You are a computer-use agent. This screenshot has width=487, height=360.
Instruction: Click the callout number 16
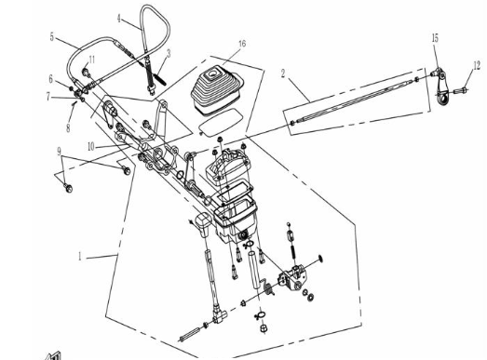242,44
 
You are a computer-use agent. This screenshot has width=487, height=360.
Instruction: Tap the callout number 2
283,73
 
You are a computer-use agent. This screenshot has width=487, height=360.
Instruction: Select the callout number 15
435,38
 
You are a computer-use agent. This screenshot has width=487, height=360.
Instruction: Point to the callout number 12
477,65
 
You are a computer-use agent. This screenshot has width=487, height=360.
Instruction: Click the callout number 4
118,19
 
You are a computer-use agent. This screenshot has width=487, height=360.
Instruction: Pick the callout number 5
52,37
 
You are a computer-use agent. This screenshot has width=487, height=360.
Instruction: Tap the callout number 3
169,53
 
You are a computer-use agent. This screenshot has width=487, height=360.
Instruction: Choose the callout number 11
91,60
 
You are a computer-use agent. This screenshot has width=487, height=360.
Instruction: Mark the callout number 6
51,79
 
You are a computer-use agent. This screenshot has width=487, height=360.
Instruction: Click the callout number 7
47,97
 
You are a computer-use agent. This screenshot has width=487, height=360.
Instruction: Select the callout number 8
68,127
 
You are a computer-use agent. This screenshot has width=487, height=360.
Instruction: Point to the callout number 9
59,152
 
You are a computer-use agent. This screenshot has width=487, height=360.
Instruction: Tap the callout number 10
90,146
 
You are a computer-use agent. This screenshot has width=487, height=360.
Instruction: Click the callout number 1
80,257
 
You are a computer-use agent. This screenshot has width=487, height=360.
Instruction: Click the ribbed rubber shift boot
217,92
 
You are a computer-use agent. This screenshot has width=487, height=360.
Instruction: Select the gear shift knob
203,224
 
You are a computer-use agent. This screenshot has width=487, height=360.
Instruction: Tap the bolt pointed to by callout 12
461,91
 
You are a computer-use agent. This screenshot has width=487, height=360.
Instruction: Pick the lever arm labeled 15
440,87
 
